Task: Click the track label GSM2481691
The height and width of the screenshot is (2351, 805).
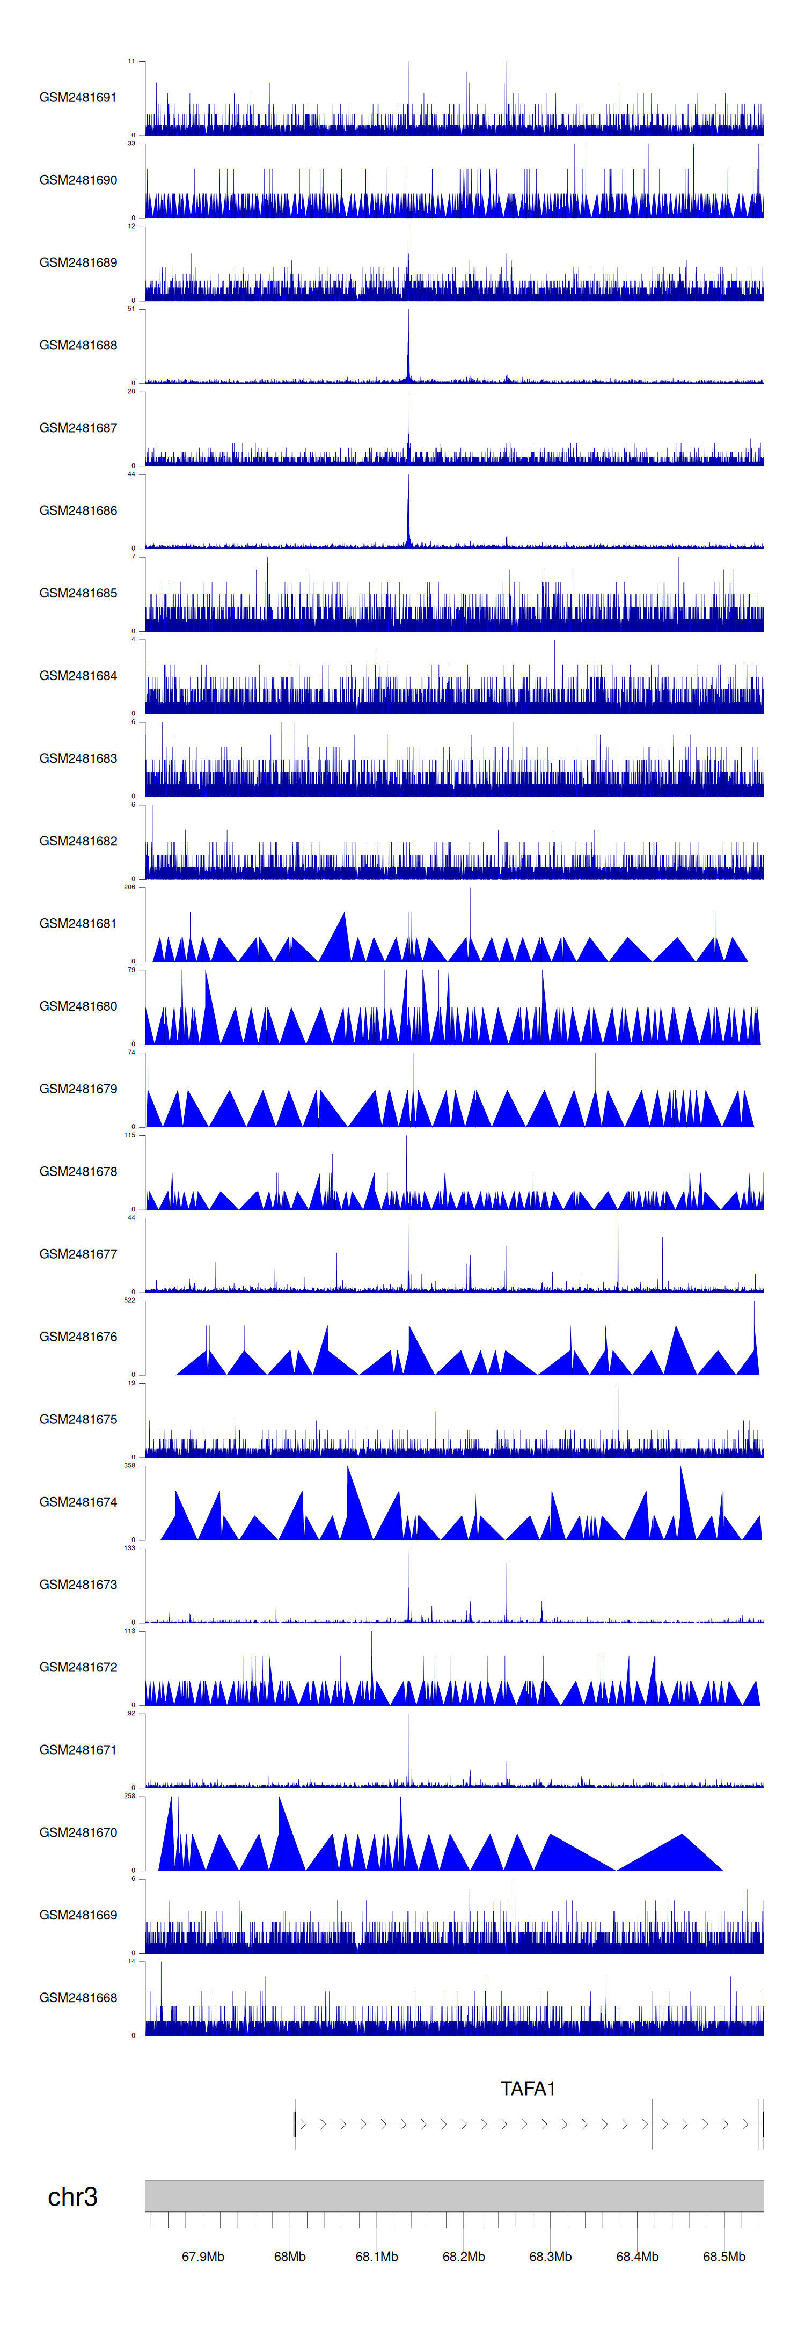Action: [78, 98]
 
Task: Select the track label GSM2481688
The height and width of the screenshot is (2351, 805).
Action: [78, 345]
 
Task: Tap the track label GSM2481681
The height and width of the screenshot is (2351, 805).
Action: [78, 924]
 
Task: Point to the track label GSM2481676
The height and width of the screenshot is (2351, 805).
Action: [78, 1336]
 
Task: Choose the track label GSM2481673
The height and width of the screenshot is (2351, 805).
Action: [78, 1585]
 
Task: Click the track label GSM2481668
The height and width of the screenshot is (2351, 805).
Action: [78, 1997]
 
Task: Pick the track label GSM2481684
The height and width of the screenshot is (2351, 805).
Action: [78, 675]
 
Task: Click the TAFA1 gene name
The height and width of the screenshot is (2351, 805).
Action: [528, 2088]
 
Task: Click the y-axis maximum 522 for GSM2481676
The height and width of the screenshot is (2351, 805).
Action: [129, 1299]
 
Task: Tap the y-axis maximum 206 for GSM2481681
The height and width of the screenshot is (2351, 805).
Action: [129, 887]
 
